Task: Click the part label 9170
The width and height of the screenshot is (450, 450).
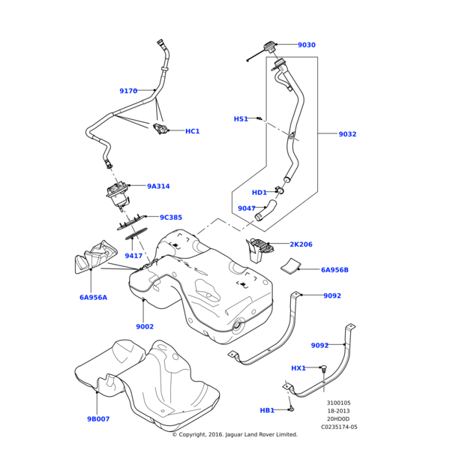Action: pyautogui.click(x=128, y=91)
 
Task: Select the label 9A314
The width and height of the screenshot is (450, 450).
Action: pyautogui.click(x=158, y=186)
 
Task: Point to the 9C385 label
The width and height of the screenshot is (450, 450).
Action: pyautogui.click(x=171, y=217)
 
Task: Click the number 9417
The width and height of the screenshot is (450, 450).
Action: pyautogui.click(x=133, y=256)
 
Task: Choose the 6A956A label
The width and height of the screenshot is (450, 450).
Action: pyautogui.click(x=93, y=297)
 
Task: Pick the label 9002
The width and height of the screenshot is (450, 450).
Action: pyautogui.click(x=145, y=326)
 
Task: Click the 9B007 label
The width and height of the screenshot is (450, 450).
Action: pyautogui.click(x=98, y=418)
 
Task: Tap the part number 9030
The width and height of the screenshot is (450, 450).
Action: pyautogui.click(x=306, y=45)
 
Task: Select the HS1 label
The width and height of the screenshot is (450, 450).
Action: pyautogui.click(x=241, y=118)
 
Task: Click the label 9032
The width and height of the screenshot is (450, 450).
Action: pyautogui.click(x=347, y=134)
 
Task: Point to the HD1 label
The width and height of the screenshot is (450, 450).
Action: pyautogui.click(x=259, y=193)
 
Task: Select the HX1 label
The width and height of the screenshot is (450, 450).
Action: pyautogui.click(x=298, y=368)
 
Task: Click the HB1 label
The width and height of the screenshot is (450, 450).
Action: pyautogui.click(x=267, y=410)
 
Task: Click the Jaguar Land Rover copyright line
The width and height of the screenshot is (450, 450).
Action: pyautogui.click(x=235, y=434)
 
